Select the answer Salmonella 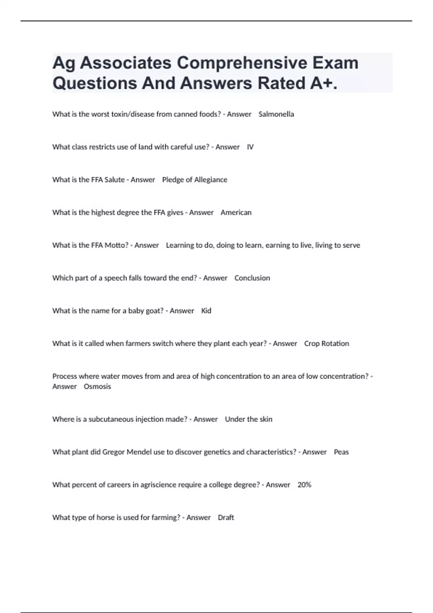click(276, 114)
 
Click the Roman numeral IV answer click(250, 147)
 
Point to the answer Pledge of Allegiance click(194, 180)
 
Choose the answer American click(236, 213)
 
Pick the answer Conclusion click(252, 278)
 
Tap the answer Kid click(206, 311)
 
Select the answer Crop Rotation click(327, 344)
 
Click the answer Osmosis click(97, 387)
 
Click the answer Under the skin click(248, 419)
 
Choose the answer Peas click(341, 452)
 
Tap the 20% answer click(304, 485)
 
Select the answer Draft click(226, 518)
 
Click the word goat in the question click(154, 311)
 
